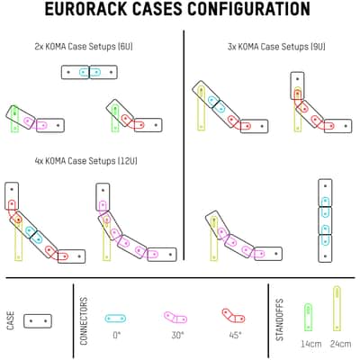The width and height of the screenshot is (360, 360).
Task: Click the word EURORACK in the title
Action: coord(86,9)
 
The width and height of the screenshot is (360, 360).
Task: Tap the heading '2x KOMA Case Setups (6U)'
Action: coord(84,47)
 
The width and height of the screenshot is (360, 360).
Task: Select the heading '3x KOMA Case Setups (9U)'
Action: coord(276,47)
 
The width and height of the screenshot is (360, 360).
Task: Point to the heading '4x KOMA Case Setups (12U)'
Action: coord(86,161)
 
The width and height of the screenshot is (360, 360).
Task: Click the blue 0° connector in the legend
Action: coord(115,319)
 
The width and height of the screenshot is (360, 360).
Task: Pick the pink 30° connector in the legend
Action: coord(175,318)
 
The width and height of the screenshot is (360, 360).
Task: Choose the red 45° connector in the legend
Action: coord(233,316)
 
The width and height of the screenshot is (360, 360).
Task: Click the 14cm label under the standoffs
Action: coord(311,344)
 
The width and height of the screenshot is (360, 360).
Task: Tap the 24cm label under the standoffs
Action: coord(340,344)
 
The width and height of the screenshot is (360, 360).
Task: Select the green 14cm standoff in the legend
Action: coord(309,317)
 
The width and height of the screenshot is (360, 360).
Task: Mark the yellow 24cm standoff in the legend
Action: coord(337,309)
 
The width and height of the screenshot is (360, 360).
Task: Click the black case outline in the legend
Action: coord(38,321)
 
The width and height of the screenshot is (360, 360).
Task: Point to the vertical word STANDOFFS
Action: coord(280,319)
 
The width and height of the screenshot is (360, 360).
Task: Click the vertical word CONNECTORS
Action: coord(84,320)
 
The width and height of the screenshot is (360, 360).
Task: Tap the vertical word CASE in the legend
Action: coord(11,321)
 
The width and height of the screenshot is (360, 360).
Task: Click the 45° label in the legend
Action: coord(235,335)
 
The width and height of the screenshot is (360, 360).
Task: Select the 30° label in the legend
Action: coord(177,335)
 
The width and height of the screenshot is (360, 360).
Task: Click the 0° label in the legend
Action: coord(117,335)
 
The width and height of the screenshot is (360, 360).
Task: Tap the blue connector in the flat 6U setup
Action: coord(90,72)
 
